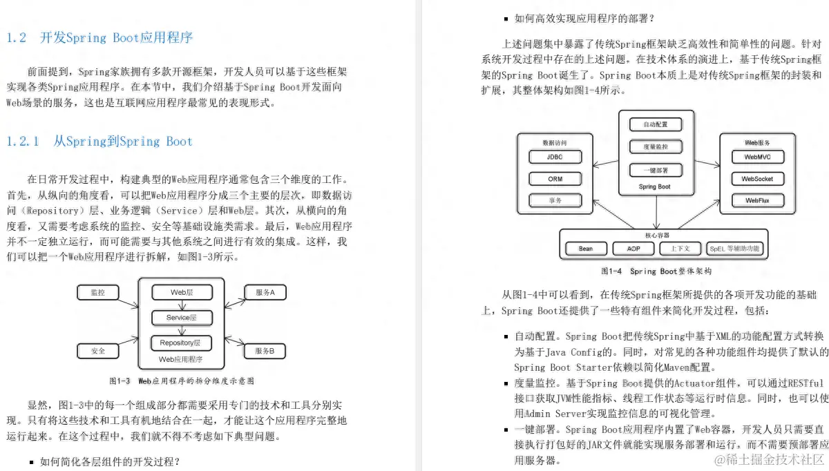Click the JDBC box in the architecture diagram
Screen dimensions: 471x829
coord(555,157)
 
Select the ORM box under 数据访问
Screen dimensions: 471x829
coord(555,179)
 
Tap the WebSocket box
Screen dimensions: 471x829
coord(757,179)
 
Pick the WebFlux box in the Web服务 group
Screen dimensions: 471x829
coord(757,201)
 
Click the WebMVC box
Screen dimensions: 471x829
coord(757,157)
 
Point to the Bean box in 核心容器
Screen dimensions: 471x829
coord(586,249)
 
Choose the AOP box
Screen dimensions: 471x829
coord(633,249)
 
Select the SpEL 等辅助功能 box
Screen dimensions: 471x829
coord(734,249)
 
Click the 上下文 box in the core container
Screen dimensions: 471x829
coord(679,249)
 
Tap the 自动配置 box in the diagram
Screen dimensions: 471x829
coord(655,125)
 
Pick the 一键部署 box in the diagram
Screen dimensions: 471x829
coord(655,170)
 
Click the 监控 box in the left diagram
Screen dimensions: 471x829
coord(98,293)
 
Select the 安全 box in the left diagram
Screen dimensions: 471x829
coord(98,351)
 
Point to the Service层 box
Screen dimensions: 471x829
coord(182,318)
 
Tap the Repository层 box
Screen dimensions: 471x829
coord(182,343)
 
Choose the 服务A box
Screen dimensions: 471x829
coord(265,293)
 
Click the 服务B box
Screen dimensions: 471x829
coord(265,351)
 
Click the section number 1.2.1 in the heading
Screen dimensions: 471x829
coord(23,142)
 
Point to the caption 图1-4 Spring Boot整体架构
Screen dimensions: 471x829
coord(656,271)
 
